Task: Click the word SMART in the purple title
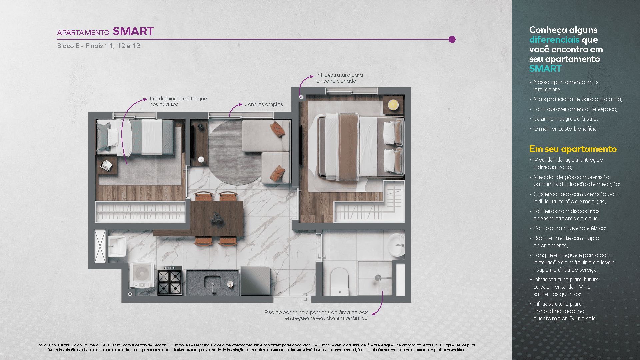[x=133, y=31]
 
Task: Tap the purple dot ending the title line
[x=452, y=39]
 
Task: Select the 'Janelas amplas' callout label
[x=264, y=104]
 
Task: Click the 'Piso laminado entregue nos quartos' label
[x=178, y=101]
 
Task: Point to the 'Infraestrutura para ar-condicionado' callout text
[x=339, y=78]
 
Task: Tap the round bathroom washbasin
[x=397, y=245]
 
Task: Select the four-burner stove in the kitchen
[x=170, y=282]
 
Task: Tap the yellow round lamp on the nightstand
[x=393, y=105]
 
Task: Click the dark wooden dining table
[x=217, y=218]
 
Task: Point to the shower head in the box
[x=378, y=277]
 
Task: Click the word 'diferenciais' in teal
[x=554, y=40]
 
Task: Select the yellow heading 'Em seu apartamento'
[x=573, y=149]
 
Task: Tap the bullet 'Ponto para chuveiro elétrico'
[x=569, y=228]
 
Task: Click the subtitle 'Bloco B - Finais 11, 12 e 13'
[x=99, y=46]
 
